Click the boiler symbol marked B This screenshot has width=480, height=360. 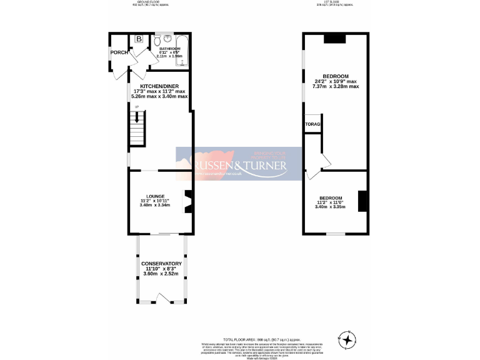click(x=139, y=39)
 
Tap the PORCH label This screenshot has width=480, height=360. click(x=119, y=52)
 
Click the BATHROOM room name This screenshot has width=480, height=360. click(x=169, y=48)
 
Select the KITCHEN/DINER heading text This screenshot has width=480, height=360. click(x=159, y=86)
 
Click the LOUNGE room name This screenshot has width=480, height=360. click(x=155, y=196)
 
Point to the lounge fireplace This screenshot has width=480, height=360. click(x=186, y=201)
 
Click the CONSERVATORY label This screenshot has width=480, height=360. click(x=161, y=264)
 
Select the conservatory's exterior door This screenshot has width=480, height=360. click(x=161, y=302)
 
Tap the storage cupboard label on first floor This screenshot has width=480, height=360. click(x=312, y=124)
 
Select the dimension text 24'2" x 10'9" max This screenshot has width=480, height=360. click(x=335, y=81)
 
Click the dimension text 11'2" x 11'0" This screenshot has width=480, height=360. click(x=330, y=202)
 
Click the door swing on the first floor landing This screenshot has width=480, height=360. click(x=322, y=162)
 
